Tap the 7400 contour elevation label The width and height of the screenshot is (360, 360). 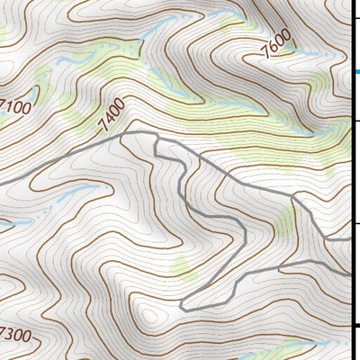tap(112, 113)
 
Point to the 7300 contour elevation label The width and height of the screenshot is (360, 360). tap(16, 334)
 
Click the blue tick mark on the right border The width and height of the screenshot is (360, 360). tap(355, 72)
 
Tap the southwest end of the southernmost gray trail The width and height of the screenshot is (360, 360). tap(183, 309)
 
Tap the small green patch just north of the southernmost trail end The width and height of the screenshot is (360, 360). tap(183, 266)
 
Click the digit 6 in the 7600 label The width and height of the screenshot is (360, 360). tap(274, 49)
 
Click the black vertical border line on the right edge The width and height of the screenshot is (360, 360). tap(349, 180)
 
